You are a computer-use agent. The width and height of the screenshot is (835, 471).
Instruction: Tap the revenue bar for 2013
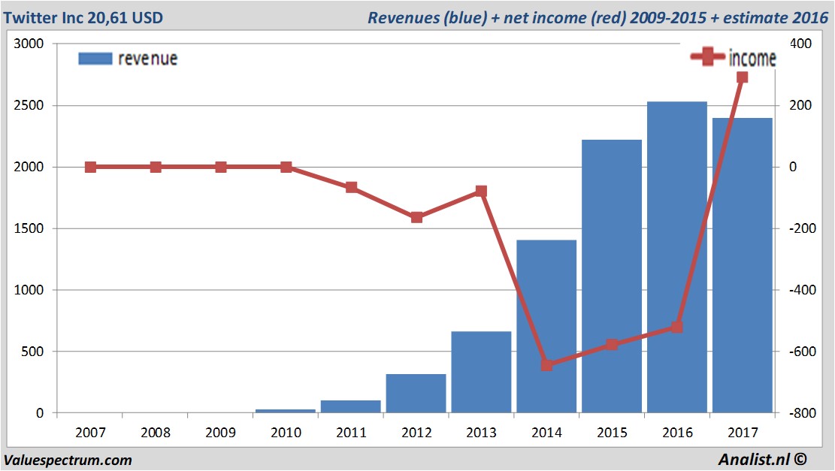pos(481,372)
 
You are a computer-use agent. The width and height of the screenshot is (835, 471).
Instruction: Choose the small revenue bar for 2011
pos(351,406)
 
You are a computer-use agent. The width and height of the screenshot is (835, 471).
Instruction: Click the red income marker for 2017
pos(742,77)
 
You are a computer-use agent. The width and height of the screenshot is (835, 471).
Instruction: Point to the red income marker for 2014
pos(546,365)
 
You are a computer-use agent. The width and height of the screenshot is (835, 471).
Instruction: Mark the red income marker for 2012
pos(416,217)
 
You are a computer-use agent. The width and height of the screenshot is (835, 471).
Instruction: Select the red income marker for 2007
pos(90,167)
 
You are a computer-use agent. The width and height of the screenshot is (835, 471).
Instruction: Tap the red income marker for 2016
pos(676,327)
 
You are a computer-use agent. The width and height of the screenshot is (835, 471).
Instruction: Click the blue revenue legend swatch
pos(95,59)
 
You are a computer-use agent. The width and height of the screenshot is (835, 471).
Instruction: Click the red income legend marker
pos(707,58)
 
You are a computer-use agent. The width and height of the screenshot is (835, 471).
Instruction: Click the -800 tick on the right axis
pos(799,413)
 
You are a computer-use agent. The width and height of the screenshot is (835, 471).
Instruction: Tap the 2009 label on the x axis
pos(221,433)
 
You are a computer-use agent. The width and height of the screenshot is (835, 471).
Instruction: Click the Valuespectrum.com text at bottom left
pos(68,460)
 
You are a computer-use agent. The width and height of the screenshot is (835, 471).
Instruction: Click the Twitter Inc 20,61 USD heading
pos(83,17)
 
